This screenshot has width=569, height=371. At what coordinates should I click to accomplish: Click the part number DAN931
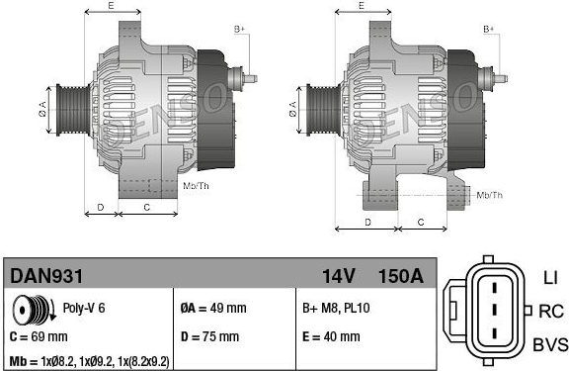pyautogui.click(x=46, y=276)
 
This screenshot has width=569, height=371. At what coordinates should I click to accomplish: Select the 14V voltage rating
pyautogui.click(x=338, y=276)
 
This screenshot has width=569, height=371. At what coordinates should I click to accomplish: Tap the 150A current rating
pyautogui.click(x=401, y=276)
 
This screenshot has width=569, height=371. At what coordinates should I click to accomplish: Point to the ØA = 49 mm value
pyautogui.click(x=213, y=308)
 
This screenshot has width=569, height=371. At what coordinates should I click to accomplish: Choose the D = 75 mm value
pyautogui.click(x=209, y=336)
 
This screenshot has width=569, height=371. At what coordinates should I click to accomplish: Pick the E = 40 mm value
pyautogui.click(x=331, y=336)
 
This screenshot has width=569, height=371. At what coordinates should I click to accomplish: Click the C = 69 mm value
pyautogui.click(x=39, y=336)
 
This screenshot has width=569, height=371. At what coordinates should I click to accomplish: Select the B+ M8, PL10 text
pyautogui.click(x=336, y=308)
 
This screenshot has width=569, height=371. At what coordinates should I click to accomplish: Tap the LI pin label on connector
pyautogui.click(x=550, y=278)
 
